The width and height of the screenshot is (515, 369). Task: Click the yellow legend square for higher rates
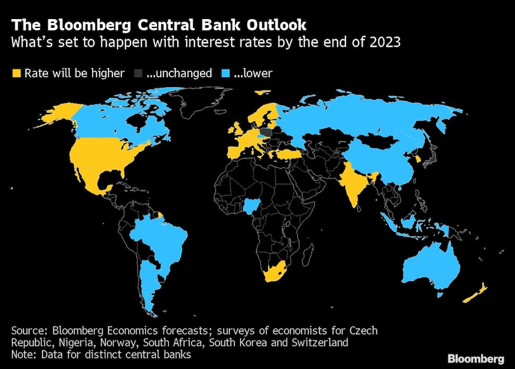(x=16, y=73)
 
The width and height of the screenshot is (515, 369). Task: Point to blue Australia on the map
(x=430, y=265)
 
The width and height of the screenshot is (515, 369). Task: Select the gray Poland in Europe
(x=267, y=132)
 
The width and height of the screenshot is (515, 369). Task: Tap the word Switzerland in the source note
(x=321, y=342)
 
